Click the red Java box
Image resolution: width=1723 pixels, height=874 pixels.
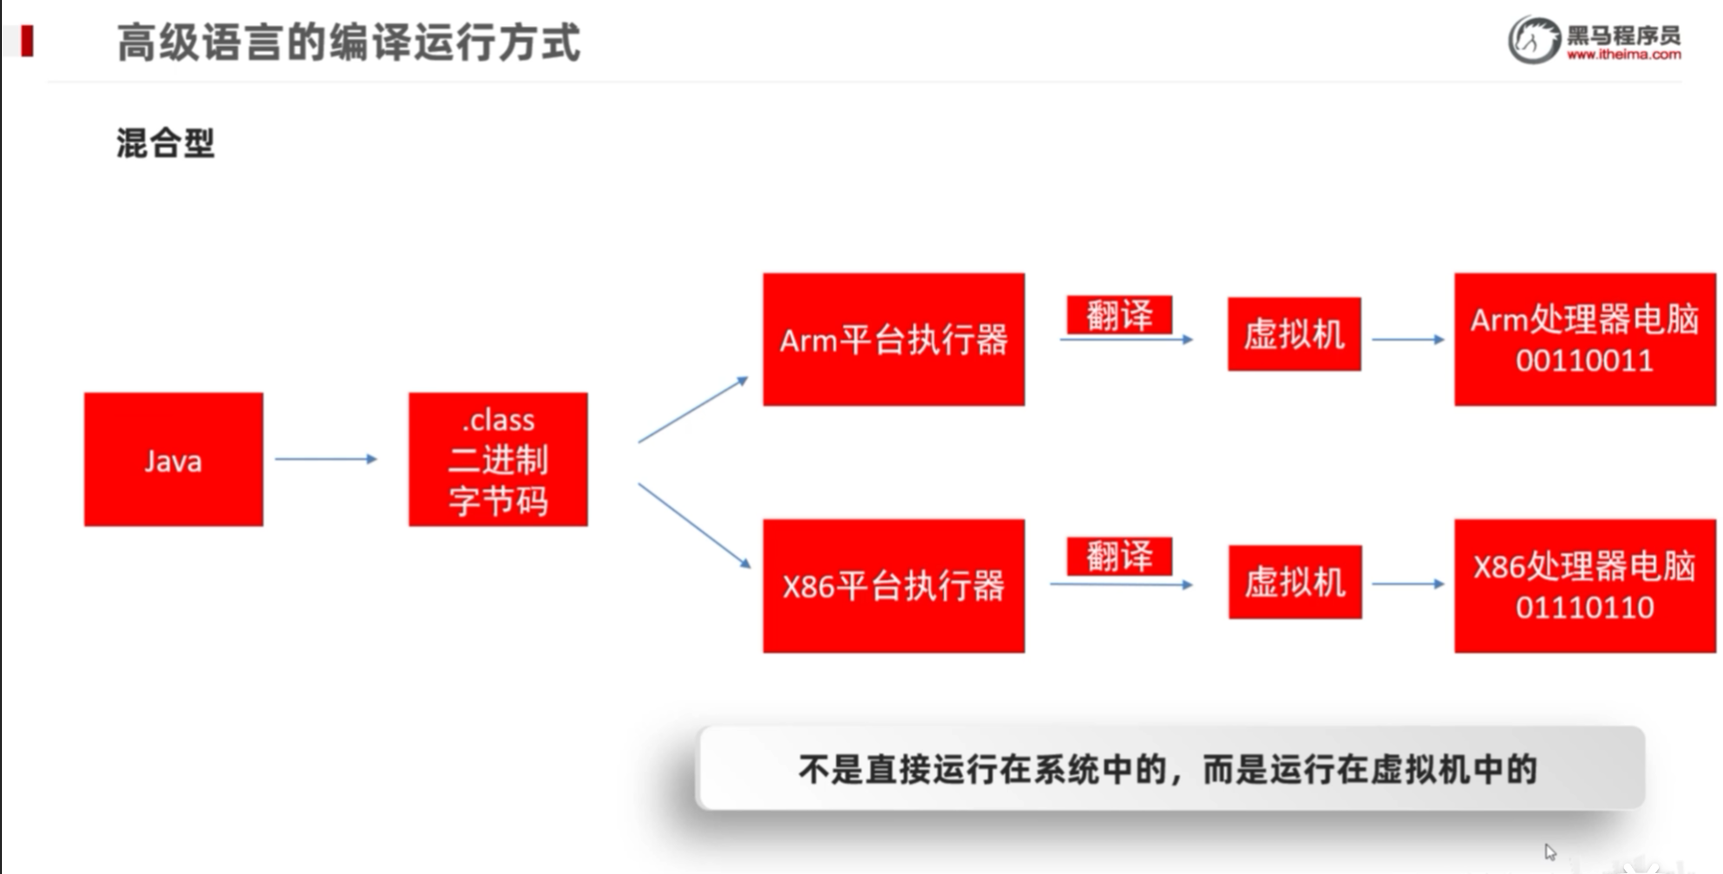coord(174,460)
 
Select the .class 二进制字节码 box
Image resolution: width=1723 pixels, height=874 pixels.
coord(498,460)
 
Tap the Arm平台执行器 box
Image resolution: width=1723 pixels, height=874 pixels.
coord(894,340)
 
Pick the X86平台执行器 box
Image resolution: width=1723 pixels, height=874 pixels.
coord(894,586)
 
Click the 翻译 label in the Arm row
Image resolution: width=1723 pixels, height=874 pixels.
coord(1119,315)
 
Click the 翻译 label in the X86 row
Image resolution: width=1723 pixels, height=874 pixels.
coord(1119,556)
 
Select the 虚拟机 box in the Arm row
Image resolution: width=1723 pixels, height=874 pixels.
coord(1294,335)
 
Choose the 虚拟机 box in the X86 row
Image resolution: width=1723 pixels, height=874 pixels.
coord(1295,582)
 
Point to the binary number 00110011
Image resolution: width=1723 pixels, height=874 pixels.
coord(1585,361)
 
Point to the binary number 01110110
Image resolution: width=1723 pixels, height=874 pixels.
coord(1585,607)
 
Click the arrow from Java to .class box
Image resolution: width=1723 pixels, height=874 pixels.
coord(326,459)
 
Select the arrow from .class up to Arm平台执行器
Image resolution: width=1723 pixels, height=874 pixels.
coord(692,410)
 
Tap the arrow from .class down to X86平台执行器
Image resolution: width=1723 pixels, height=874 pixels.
coord(694,525)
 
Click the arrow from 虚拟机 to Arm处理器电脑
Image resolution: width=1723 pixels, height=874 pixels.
coord(1407,340)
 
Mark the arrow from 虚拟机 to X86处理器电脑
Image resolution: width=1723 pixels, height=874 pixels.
coord(1407,584)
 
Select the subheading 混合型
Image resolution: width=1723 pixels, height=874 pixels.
coord(166,143)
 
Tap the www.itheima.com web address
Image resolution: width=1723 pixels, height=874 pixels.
coord(1623,55)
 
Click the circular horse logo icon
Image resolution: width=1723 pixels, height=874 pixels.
coord(1534,40)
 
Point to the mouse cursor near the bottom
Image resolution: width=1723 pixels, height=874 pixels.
coord(1550,851)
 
